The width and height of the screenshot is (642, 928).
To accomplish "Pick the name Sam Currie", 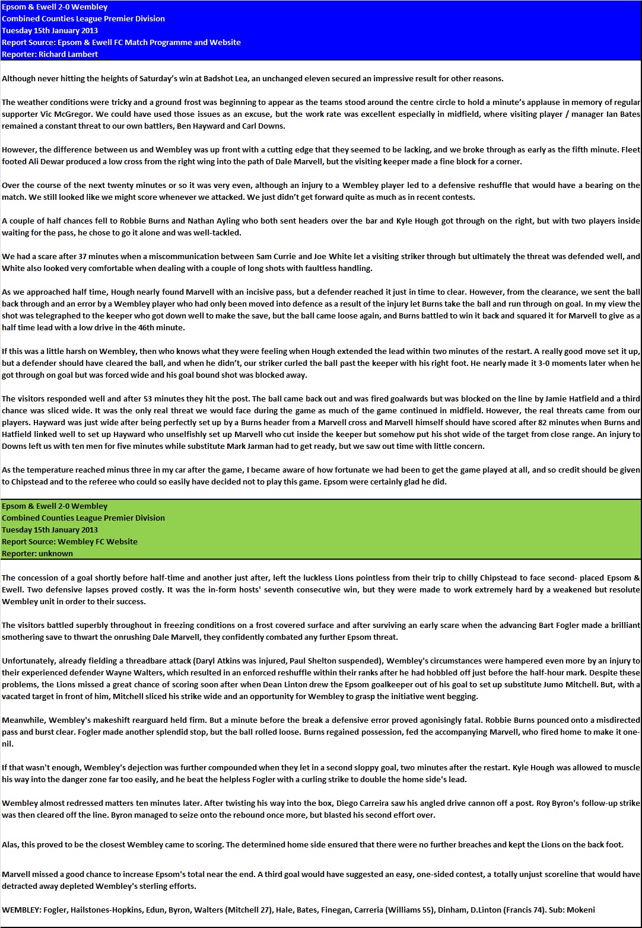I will [x=277, y=256].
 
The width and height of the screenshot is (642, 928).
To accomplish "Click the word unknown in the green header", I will [x=56, y=553].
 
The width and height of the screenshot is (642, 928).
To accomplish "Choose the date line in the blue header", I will [x=50, y=30].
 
